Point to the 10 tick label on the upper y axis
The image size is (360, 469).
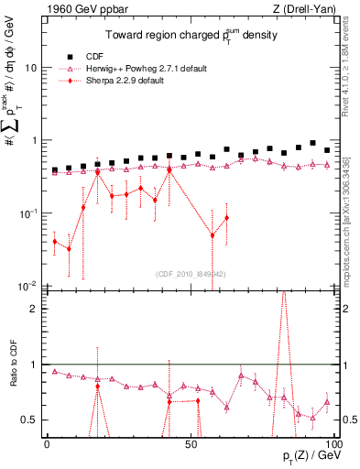[x=31, y=68]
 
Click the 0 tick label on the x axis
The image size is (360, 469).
[x=48, y=443]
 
